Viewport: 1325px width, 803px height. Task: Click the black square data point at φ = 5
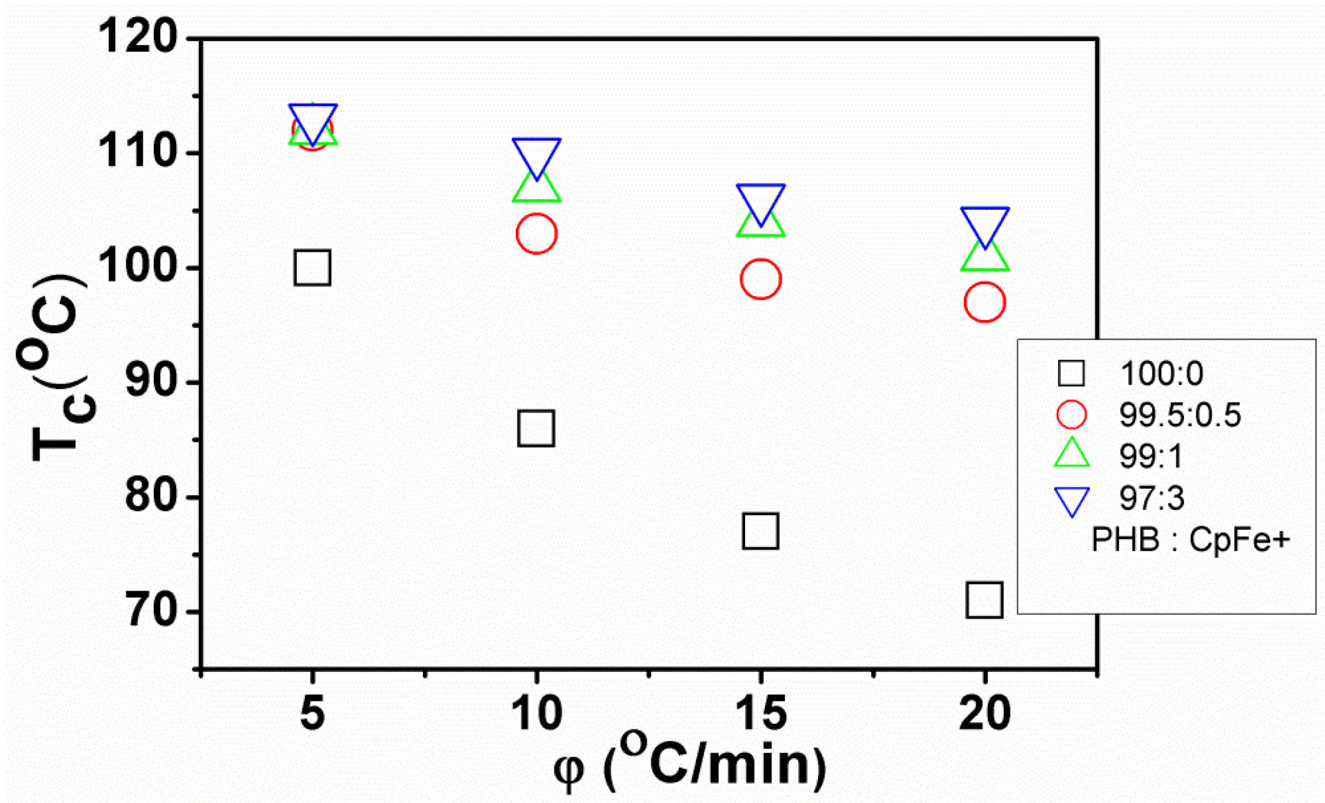[x=312, y=268]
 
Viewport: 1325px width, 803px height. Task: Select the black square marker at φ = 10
[x=536, y=428]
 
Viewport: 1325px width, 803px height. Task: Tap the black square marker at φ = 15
[x=761, y=531]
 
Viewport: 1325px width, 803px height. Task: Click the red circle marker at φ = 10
[x=536, y=233]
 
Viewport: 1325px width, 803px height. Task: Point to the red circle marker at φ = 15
[x=761, y=279]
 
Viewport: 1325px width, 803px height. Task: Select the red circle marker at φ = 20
[x=984, y=302]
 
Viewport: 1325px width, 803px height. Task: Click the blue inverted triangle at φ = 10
[x=536, y=155]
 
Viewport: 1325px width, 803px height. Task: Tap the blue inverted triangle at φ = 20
[x=984, y=223]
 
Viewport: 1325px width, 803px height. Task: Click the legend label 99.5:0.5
[x=1180, y=415]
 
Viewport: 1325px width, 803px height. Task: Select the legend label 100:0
[x=1161, y=373]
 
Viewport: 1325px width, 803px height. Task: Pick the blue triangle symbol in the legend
[x=1072, y=500]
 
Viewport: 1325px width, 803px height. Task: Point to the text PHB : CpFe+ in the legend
[x=1190, y=539]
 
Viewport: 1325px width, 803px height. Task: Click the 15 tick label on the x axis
[x=761, y=714]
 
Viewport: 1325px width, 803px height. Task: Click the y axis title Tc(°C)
[x=55, y=367]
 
